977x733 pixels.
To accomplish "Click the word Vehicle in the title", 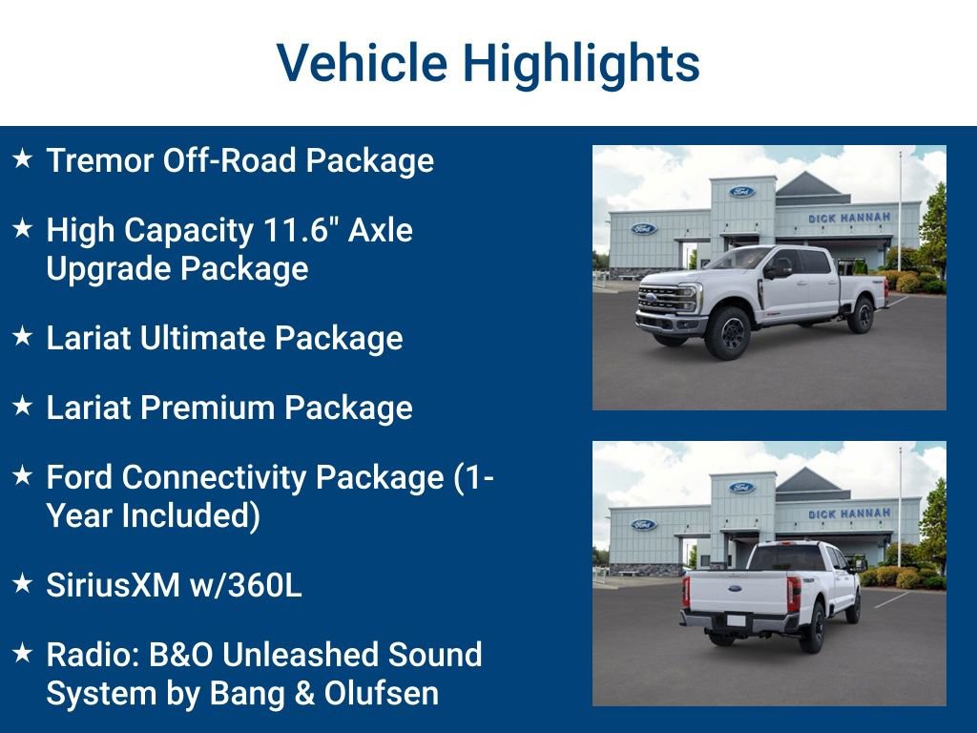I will click(x=362, y=63).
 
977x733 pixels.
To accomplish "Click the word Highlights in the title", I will click(x=581, y=63).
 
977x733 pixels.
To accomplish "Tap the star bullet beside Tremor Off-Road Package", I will click(x=22, y=159).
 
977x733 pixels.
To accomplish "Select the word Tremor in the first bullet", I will click(x=99, y=160).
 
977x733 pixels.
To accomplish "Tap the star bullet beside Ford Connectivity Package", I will click(x=22, y=476).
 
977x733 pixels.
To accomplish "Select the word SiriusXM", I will click(x=114, y=585).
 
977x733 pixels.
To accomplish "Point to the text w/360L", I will click(x=247, y=585).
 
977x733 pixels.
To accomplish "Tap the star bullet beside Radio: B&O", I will click(x=22, y=654).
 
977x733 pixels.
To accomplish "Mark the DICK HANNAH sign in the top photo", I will click(x=849, y=218).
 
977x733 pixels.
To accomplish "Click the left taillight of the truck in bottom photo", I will click(x=686, y=591).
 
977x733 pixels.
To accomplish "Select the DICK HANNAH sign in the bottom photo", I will click(x=849, y=513).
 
